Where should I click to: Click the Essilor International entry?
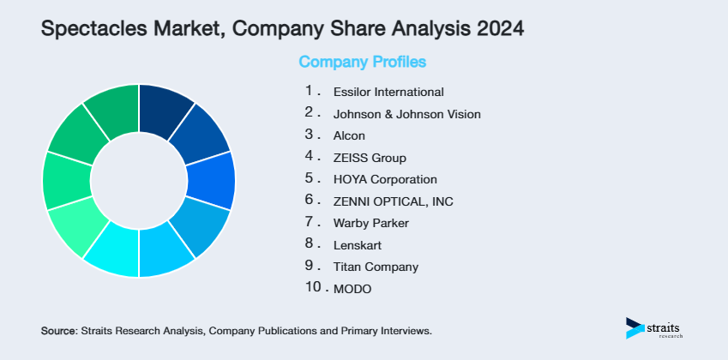pos(388,92)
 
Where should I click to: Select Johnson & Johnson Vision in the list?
pos(406,113)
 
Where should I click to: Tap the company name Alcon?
pos(349,135)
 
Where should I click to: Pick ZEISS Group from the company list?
pos(370,158)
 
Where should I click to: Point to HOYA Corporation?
pos(385,180)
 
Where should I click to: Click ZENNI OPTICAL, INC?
pos(394,201)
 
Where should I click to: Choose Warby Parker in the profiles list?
pos(371,224)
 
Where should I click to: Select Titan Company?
pos(376,267)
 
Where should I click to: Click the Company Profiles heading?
pos(362,62)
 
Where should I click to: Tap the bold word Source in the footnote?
pos(58,330)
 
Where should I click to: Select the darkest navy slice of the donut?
pos(165,109)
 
